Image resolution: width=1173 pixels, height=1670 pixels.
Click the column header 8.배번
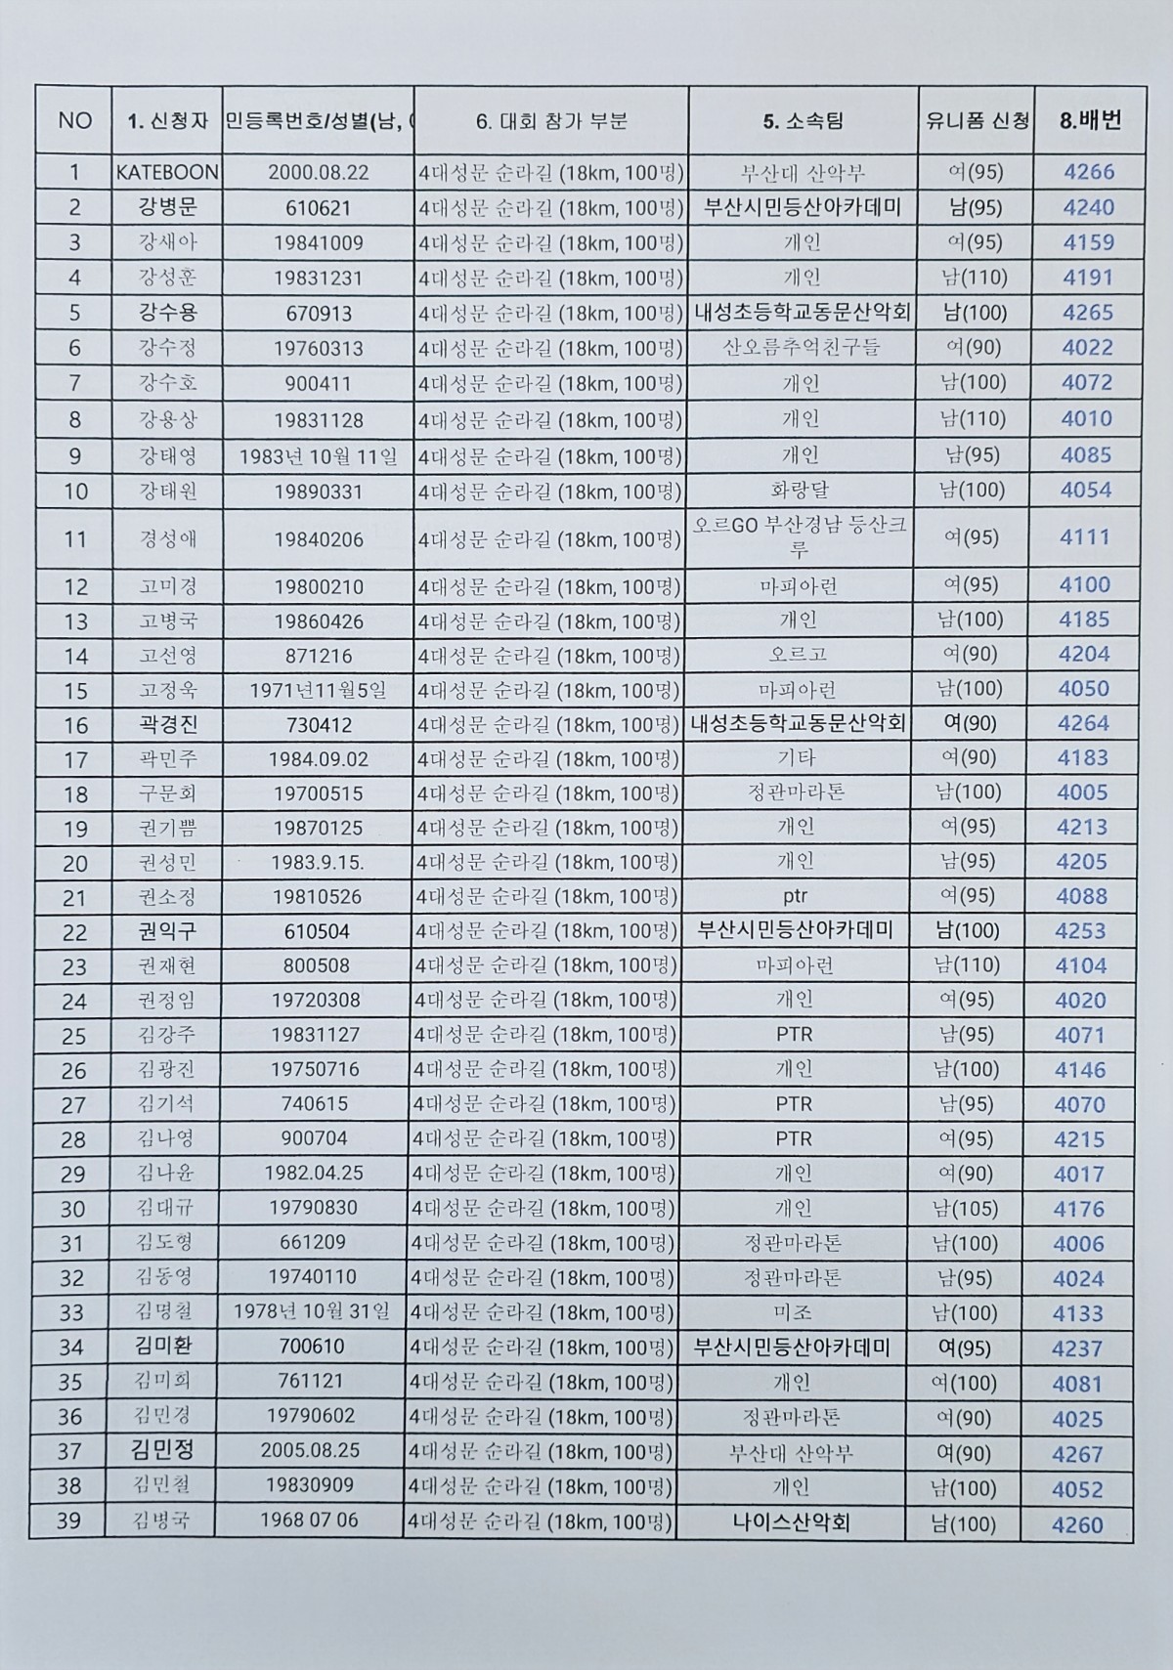point(1090,120)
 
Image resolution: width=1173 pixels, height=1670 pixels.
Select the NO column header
point(75,120)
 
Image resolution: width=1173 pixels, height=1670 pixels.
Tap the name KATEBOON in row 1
point(167,173)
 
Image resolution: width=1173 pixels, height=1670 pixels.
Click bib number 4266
point(1089,172)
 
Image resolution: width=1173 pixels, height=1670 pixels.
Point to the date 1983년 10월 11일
point(319,456)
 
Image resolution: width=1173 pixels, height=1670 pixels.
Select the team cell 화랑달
point(801,491)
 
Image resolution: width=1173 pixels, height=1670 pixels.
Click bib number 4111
point(1085,536)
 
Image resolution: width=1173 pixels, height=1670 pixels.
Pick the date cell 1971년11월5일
point(318,691)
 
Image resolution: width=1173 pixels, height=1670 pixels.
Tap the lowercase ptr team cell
point(796,896)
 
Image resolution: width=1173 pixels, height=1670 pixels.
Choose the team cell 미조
point(793,1313)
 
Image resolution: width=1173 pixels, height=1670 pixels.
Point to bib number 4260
point(1077,1524)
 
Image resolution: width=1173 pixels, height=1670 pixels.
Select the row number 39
point(69,1521)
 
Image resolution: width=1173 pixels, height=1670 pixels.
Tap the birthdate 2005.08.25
point(310,1451)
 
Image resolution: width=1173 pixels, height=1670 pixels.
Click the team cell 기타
point(796,758)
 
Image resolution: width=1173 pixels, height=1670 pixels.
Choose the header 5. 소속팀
point(803,121)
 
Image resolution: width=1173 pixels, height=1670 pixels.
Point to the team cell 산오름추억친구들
point(802,348)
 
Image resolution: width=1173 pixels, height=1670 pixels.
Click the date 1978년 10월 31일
point(312,1311)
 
